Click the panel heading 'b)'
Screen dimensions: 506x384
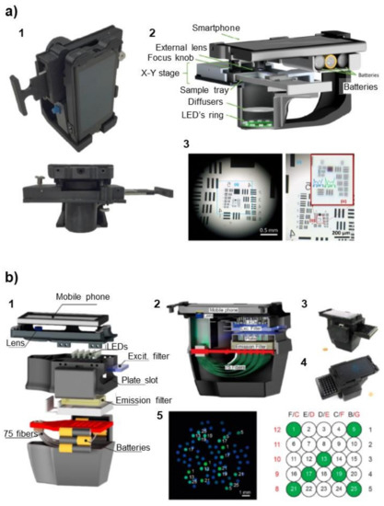13,276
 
